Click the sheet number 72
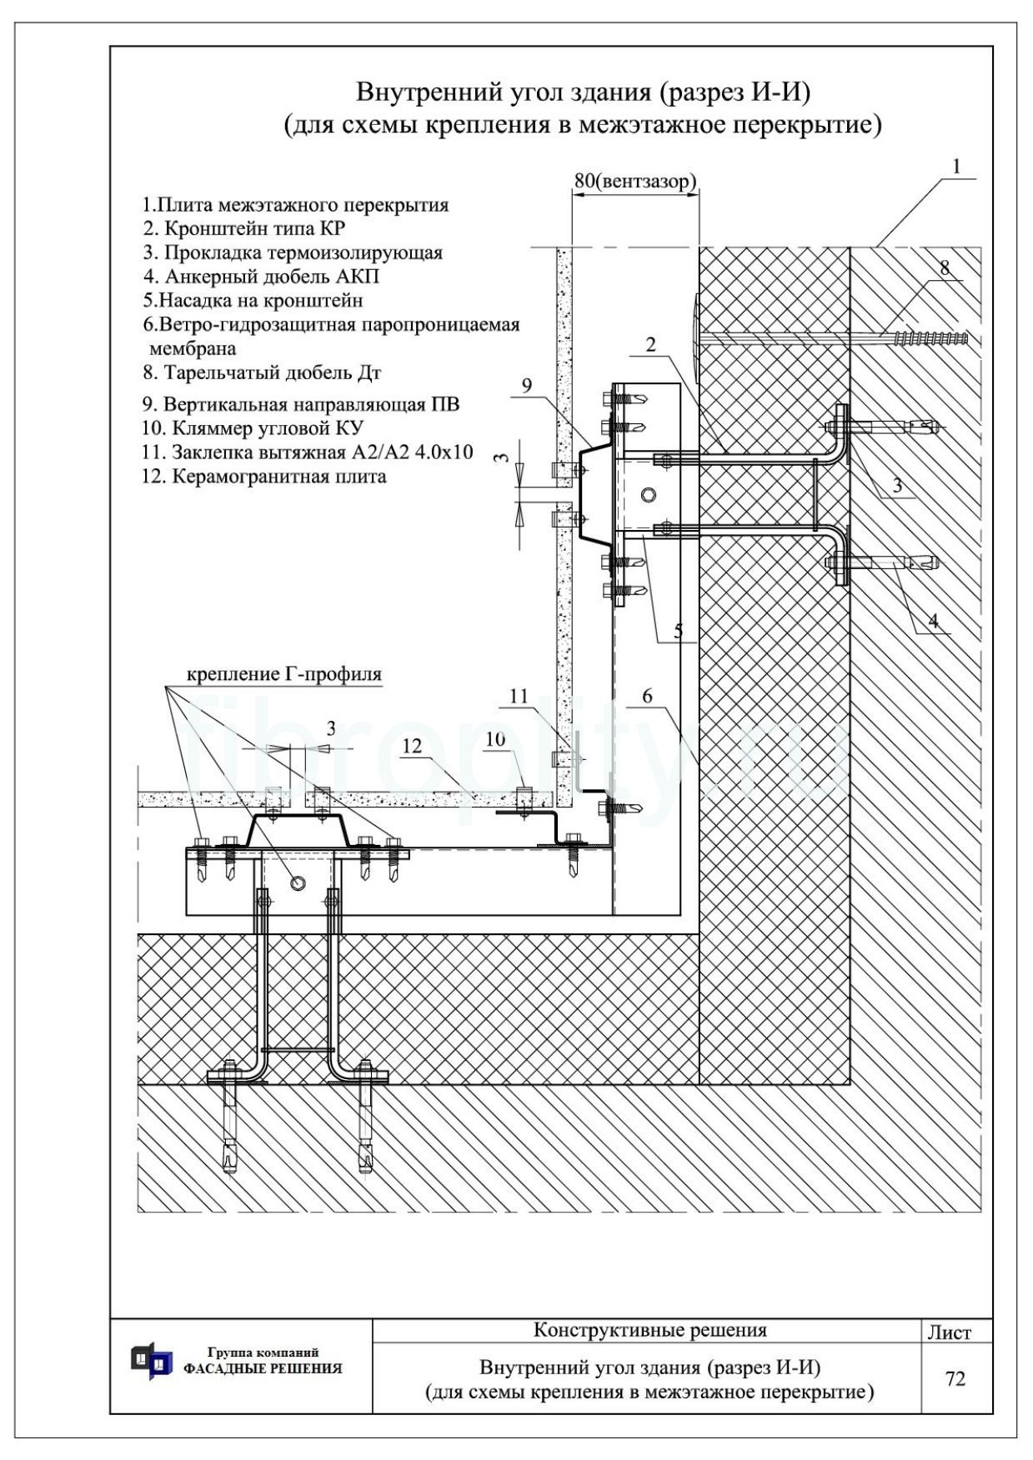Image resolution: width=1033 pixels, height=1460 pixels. (x=955, y=1378)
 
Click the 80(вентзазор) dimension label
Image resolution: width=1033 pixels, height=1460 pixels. (x=635, y=181)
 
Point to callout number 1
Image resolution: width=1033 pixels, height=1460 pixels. (x=956, y=166)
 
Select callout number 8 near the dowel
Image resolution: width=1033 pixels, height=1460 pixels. (x=944, y=267)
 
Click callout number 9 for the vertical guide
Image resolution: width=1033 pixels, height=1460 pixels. (x=526, y=385)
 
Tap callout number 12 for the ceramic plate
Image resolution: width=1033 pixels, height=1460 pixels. (x=413, y=746)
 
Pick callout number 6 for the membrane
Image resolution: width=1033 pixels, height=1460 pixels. (x=648, y=697)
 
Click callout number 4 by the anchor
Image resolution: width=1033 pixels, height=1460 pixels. (x=933, y=620)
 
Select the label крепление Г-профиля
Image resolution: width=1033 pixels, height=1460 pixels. (x=283, y=673)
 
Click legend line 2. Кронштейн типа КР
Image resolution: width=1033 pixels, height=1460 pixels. (x=243, y=228)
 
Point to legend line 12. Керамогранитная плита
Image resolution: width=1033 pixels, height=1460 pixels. (x=264, y=477)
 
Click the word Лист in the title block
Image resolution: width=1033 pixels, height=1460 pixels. (x=950, y=1332)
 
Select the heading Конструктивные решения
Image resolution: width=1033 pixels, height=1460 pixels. (x=649, y=1330)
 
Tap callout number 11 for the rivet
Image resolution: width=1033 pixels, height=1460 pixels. (x=519, y=696)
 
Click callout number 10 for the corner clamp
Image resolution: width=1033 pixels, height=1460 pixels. (x=496, y=738)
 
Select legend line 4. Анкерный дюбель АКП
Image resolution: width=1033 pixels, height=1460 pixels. (x=261, y=276)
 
